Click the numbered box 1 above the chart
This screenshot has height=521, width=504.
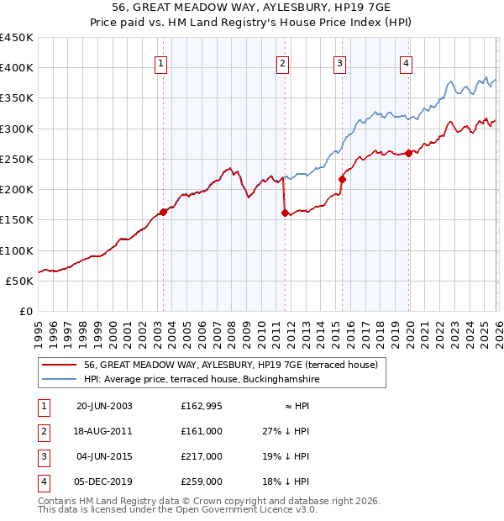click(x=160, y=62)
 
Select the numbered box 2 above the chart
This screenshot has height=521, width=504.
click(x=283, y=62)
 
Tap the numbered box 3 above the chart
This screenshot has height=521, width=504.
click(x=339, y=62)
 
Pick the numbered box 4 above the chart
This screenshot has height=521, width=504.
click(x=406, y=62)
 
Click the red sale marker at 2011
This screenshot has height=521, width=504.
click(x=285, y=213)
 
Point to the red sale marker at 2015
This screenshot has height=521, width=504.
click(x=342, y=179)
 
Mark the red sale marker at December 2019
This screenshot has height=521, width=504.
click(x=409, y=153)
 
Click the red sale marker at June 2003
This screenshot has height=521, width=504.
click(x=163, y=212)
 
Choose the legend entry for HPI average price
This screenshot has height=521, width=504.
click(x=202, y=380)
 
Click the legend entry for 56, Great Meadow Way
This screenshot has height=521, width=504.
click(x=231, y=365)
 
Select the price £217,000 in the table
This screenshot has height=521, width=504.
click(x=201, y=456)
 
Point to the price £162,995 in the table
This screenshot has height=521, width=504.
click(x=201, y=406)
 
